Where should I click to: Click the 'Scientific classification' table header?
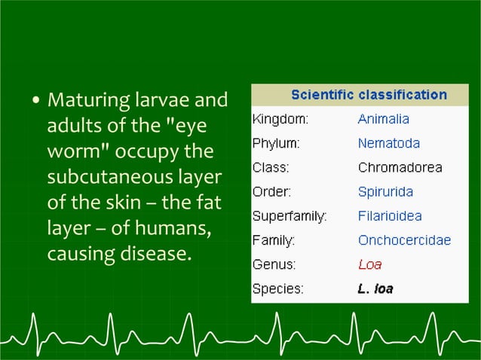tap(369, 96)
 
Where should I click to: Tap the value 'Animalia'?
tap(383, 119)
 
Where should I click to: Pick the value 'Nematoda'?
tap(389, 143)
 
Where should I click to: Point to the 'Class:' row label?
tap(270, 168)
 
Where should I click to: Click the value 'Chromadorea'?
tap(400, 168)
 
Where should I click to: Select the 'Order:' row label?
tap(271, 192)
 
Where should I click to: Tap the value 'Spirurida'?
tap(385, 192)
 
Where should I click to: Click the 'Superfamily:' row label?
tap(290, 217)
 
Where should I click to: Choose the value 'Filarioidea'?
tap(390, 217)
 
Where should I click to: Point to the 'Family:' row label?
tap(273, 241)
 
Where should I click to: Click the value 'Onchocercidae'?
tap(404, 241)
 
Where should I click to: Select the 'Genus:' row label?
tap(274, 265)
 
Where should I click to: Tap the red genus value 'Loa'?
tap(369, 265)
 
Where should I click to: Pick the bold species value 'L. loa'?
tap(375, 288)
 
